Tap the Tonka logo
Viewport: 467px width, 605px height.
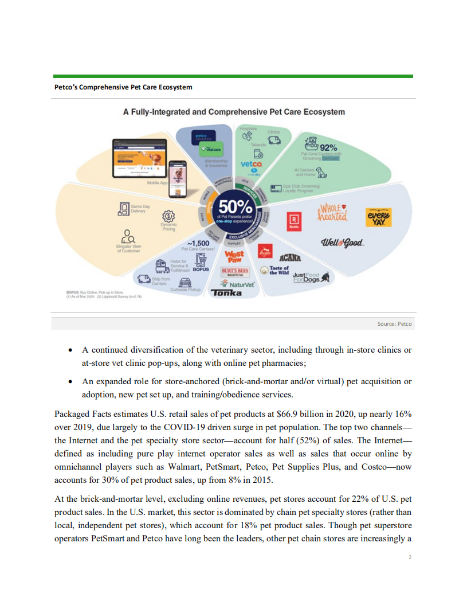tap(226, 293)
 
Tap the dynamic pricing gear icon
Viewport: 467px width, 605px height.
tap(168, 216)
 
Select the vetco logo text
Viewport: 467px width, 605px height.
tap(252, 165)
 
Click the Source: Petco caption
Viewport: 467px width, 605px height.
tap(394, 324)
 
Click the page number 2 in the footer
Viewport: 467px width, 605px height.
tap(410, 557)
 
